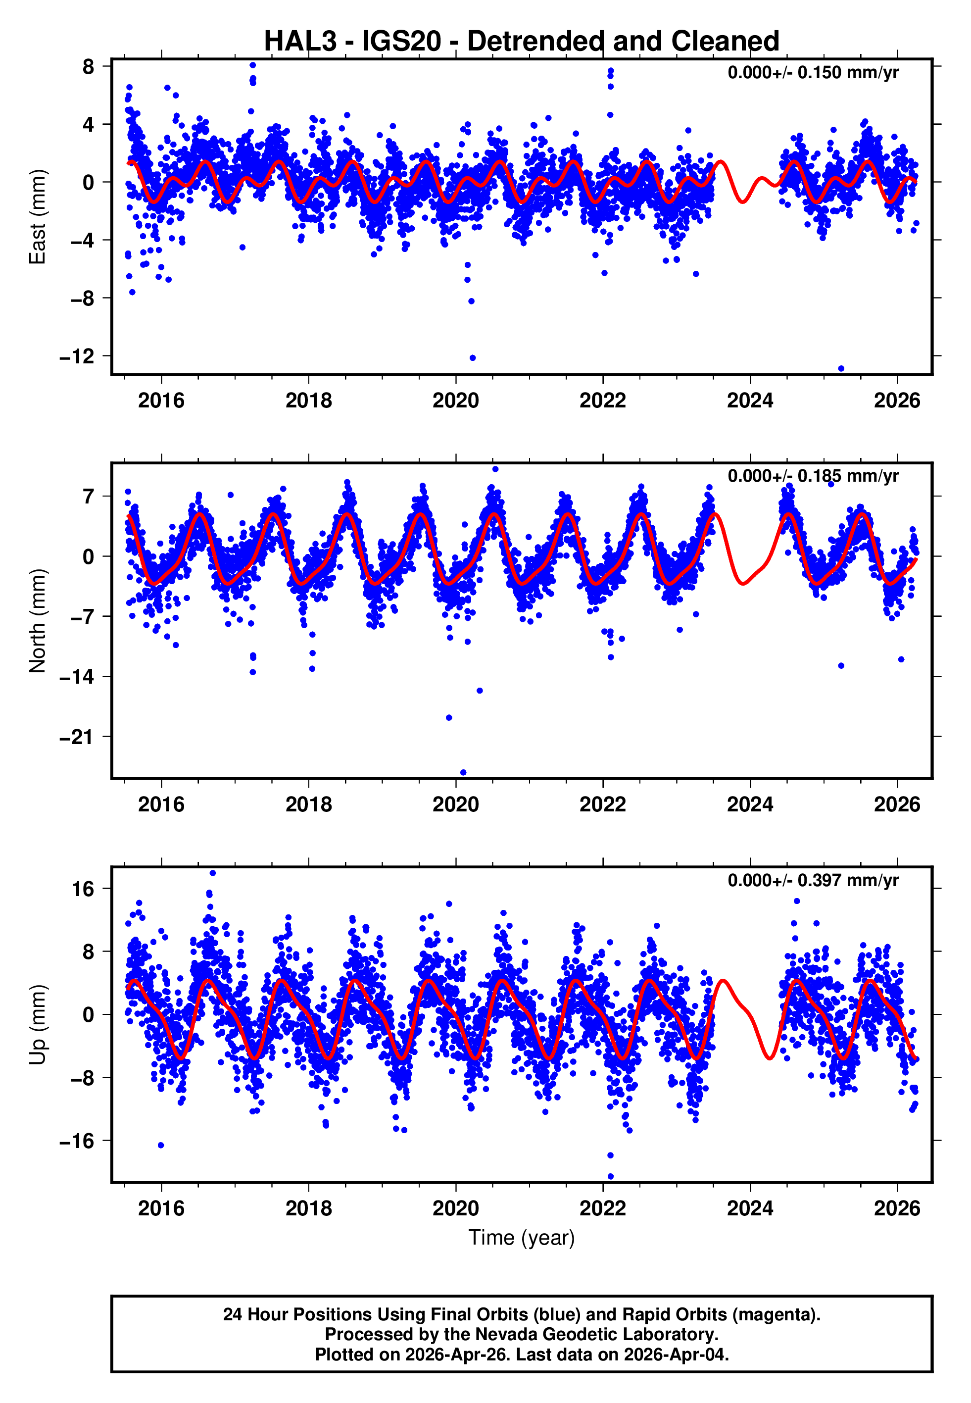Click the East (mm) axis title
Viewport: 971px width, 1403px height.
point(38,217)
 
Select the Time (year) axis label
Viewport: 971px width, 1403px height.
point(522,1238)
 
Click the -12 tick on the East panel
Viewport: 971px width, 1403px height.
point(77,356)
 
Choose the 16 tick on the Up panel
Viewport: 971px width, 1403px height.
point(83,889)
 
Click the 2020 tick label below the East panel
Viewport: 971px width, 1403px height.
point(456,401)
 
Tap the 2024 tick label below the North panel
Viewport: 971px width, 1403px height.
point(750,804)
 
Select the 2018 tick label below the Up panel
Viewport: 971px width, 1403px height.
point(308,1208)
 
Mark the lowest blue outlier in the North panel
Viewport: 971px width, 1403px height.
point(463,773)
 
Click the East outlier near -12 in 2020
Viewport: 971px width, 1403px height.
point(473,358)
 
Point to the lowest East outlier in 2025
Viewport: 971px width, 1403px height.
point(841,369)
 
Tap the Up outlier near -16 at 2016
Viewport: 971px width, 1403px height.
point(161,1145)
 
